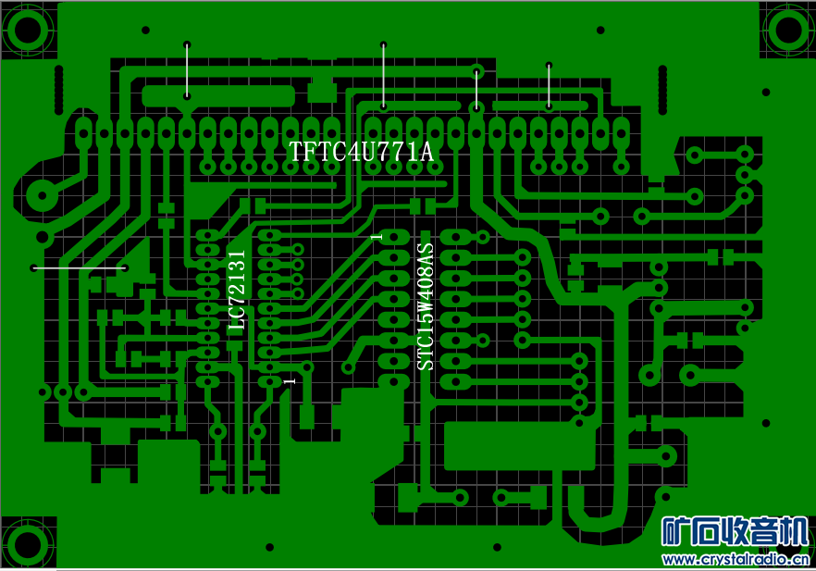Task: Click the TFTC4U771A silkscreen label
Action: (x=361, y=152)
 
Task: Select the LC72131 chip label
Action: (x=238, y=291)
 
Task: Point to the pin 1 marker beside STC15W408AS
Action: (x=376, y=238)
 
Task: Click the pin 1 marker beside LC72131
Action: (x=290, y=380)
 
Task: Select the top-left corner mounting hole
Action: (x=27, y=29)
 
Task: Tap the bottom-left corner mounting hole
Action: (x=27, y=541)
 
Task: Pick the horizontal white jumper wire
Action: (x=80, y=268)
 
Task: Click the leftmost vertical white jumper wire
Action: (x=188, y=69)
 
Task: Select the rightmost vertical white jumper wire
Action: (x=549, y=86)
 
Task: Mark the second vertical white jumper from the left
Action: (x=383, y=74)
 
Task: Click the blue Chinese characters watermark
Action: (x=735, y=532)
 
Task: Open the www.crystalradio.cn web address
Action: (x=736, y=559)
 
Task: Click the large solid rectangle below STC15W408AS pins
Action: (x=519, y=445)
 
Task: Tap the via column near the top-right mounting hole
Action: (x=662, y=90)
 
